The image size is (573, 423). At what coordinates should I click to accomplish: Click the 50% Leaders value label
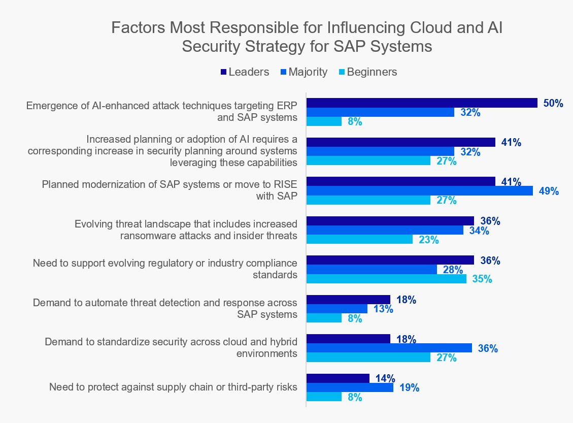tap(553, 103)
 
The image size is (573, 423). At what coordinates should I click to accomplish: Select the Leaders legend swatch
tap(224, 72)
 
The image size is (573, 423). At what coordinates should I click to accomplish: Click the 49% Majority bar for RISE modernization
tap(420, 191)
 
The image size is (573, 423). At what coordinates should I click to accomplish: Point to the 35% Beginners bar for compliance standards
tap(387, 279)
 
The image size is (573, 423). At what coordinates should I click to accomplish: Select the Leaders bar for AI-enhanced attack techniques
tap(422, 103)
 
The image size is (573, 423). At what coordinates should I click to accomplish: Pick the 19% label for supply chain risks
tap(409, 388)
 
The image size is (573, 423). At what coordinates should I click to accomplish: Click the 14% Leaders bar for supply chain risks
tap(338, 378)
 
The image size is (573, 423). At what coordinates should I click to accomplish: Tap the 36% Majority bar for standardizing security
tap(389, 348)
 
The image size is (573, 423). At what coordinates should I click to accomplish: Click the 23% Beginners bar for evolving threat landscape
tap(360, 240)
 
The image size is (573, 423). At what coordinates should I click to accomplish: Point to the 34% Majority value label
tap(479, 231)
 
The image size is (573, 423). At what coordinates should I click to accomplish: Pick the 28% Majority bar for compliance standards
tap(372, 269)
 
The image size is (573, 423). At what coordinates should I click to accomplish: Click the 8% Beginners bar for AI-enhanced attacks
tap(324, 121)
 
